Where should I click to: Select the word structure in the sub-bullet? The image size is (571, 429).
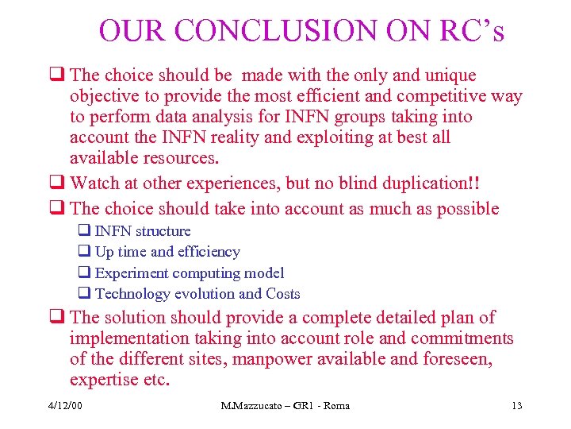pos(163,231)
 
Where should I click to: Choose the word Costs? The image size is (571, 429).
pos(282,293)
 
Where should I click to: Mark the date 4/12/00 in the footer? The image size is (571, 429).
pos(65,407)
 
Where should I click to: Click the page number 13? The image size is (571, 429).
pos(517,407)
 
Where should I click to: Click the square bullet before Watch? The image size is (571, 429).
pos(56,184)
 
